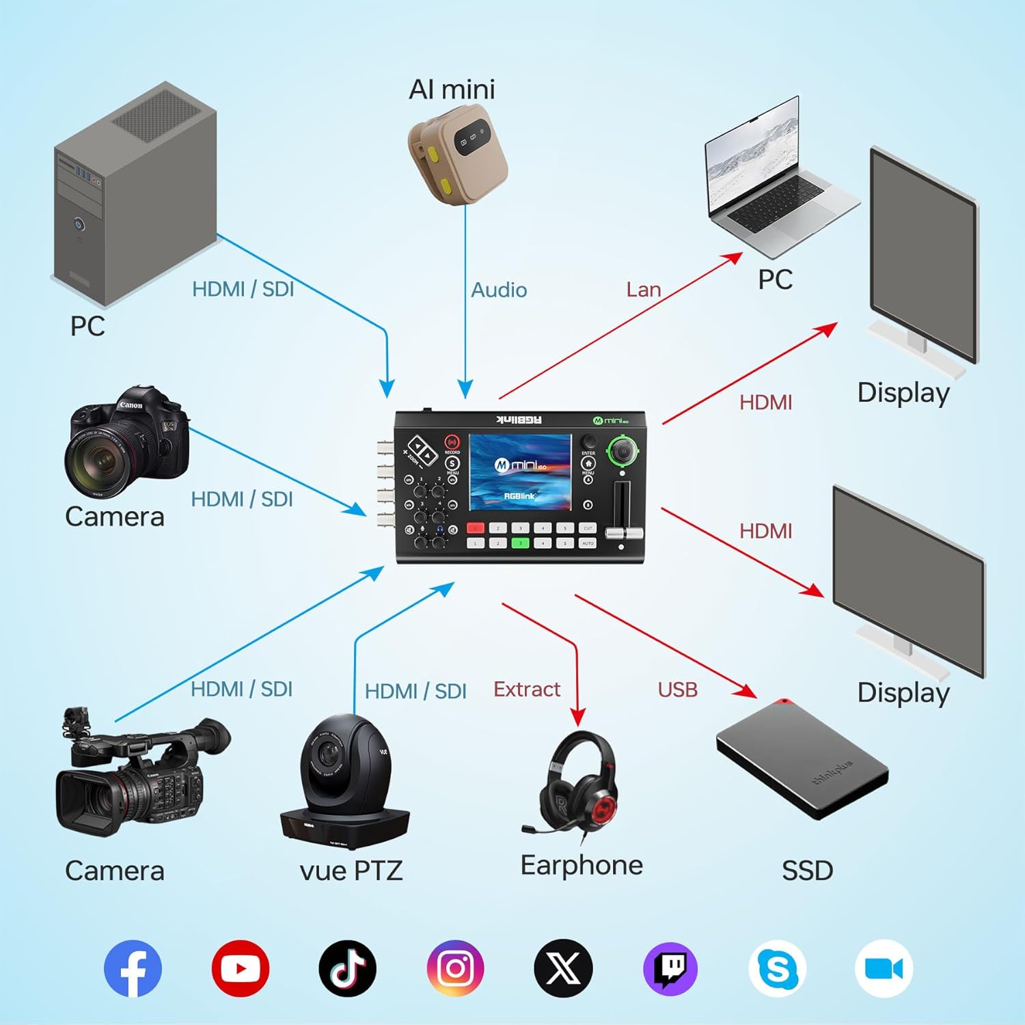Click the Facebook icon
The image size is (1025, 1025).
point(133,968)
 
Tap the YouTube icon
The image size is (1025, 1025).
point(240,968)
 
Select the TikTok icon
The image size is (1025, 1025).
point(347,968)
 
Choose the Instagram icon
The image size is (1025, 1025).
point(455,968)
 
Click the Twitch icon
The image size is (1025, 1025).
point(670,968)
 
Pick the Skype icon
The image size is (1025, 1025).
point(778,968)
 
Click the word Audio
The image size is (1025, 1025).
point(499,290)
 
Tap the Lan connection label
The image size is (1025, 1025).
point(644,290)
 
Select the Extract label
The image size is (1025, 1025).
point(527,689)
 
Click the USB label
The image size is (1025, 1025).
point(677,690)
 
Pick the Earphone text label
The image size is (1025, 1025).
point(582,866)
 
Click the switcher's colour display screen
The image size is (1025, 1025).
point(520,472)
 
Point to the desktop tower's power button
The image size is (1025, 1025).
point(79,224)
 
